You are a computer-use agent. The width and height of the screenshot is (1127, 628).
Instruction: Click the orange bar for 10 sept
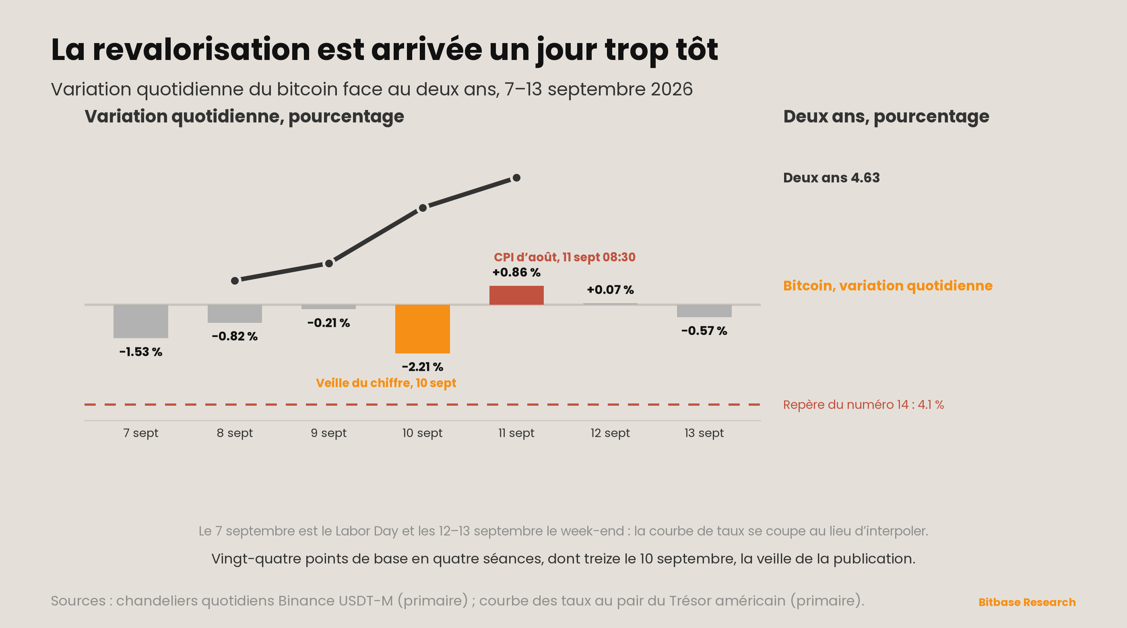[422, 328]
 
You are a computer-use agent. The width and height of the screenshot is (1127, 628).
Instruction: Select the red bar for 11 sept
[516, 295]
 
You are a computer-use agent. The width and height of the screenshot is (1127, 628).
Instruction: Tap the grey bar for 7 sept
[140, 321]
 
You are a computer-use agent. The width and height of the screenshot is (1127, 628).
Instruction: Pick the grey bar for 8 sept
[235, 313]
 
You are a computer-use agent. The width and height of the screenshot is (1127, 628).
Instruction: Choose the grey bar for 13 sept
[704, 311]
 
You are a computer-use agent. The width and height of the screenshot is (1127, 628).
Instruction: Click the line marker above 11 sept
[516, 178]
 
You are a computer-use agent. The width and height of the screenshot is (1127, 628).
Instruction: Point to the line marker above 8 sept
[235, 281]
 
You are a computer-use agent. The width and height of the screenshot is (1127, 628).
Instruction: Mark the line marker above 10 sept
[423, 208]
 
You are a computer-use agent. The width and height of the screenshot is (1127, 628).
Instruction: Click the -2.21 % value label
[422, 367]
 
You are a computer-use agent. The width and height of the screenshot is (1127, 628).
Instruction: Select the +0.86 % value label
[516, 272]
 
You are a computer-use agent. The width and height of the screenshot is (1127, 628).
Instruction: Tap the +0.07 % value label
[610, 290]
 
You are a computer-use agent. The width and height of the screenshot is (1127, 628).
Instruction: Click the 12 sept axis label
[610, 433]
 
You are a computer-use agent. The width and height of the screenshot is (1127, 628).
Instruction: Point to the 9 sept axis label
[328, 433]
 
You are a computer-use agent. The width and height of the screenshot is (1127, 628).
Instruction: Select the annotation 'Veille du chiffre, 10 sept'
[386, 383]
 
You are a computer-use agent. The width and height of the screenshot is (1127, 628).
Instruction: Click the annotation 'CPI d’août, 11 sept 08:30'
[564, 257]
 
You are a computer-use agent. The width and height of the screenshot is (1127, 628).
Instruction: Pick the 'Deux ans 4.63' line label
[831, 178]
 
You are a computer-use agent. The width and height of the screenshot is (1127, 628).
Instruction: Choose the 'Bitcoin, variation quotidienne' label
[888, 286]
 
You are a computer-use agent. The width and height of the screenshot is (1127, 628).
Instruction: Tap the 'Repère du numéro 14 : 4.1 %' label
[864, 404]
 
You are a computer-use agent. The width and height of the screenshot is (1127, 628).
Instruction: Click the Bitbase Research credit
[1027, 602]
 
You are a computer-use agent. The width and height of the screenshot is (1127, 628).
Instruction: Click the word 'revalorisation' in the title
[202, 49]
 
